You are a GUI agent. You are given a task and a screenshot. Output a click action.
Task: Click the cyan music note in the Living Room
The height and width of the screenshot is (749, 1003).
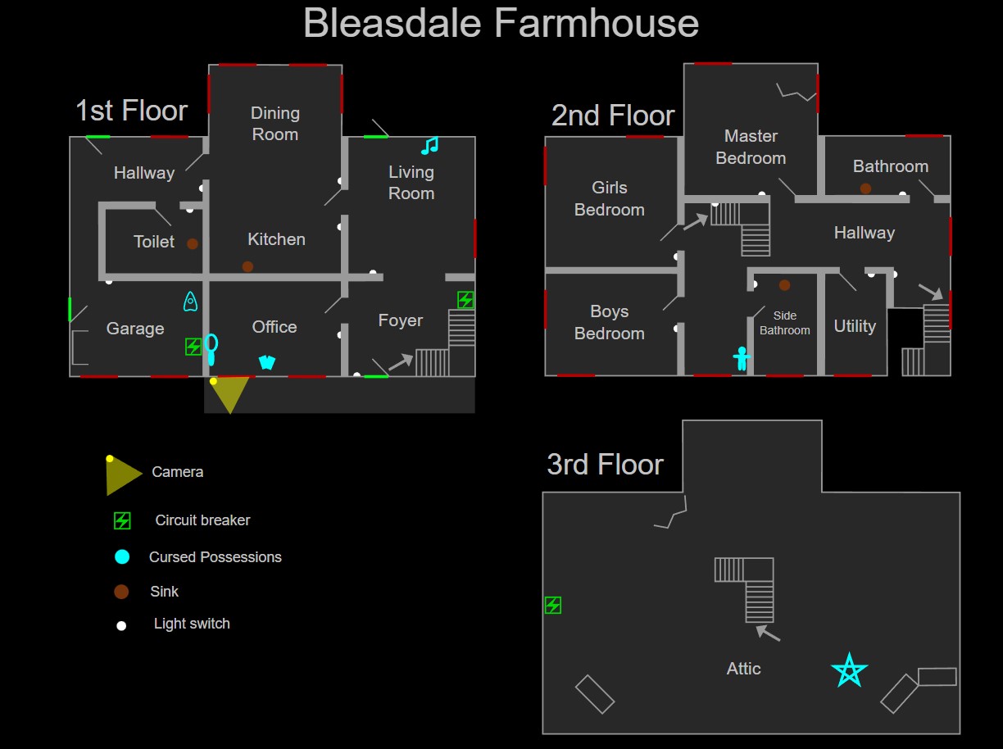click(x=429, y=146)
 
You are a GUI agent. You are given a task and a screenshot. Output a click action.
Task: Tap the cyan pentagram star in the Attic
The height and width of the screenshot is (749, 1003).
click(x=849, y=670)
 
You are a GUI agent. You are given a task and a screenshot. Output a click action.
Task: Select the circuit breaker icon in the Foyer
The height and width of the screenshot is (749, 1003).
click(x=465, y=300)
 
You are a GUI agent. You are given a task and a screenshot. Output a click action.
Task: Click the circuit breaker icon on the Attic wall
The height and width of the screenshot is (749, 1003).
click(x=553, y=606)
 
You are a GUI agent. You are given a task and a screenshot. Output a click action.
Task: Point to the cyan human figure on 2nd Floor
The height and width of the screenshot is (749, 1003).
click(x=742, y=358)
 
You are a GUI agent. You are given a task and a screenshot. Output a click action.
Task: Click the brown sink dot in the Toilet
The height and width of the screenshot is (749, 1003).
click(x=192, y=243)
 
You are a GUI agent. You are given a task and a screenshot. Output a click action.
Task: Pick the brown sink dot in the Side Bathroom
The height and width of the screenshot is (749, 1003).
click(x=784, y=285)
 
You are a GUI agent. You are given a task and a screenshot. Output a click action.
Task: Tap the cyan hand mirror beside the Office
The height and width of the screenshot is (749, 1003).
click(x=211, y=349)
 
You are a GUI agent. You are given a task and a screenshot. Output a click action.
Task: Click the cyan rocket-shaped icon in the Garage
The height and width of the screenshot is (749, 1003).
click(x=190, y=302)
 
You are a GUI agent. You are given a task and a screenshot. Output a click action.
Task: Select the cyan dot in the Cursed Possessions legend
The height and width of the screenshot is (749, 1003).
click(x=122, y=557)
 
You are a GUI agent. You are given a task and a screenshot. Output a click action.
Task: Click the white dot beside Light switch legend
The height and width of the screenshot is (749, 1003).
click(x=121, y=625)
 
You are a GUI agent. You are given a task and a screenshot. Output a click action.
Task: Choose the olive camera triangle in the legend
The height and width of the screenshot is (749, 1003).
click(x=121, y=475)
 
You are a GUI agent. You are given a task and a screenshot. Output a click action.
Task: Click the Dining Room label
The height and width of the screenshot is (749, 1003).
click(x=275, y=124)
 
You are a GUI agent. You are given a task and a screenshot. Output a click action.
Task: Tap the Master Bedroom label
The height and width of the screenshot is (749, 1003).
click(x=751, y=147)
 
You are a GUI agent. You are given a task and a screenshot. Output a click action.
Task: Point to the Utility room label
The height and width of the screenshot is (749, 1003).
click(x=855, y=326)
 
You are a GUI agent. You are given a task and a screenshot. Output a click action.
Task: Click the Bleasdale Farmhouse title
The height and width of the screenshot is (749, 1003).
click(x=501, y=23)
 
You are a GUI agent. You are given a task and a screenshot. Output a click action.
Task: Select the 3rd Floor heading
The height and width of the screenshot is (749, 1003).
click(x=605, y=465)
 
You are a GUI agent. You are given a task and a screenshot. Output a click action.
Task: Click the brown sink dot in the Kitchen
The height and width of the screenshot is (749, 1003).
click(x=247, y=266)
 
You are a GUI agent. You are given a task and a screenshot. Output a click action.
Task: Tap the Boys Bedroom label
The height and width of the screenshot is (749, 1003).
click(x=609, y=322)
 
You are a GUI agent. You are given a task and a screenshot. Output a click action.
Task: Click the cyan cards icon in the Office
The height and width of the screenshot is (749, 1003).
click(x=266, y=362)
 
